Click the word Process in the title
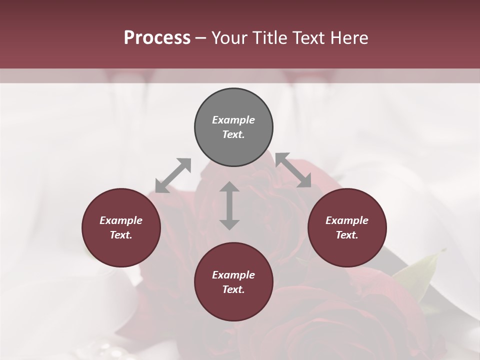point(157,38)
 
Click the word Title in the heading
point(270,38)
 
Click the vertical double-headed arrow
point(229,205)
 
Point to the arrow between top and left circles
point(173,175)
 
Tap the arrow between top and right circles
point(293,170)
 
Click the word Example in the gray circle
point(233,120)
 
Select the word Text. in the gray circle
point(233,134)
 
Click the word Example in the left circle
point(121,220)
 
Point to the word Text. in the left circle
point(121,235)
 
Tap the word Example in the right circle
point(347,220)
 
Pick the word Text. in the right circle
point(347,235)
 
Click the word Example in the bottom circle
point(233,275)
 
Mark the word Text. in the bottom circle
point(233,289)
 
